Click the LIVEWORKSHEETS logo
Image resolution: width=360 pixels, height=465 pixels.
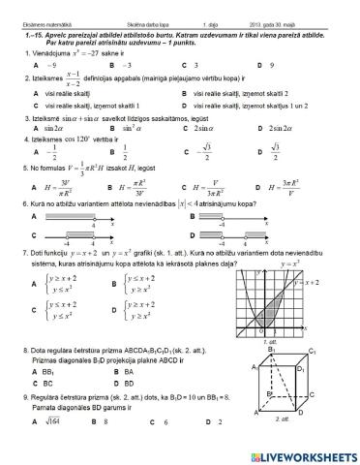[304, 453]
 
